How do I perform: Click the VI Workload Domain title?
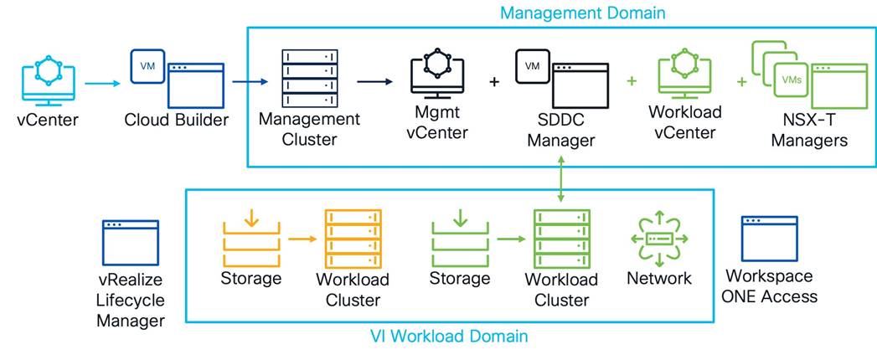click(x=449, y=337)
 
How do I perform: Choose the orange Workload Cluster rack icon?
click(x=353, y=237)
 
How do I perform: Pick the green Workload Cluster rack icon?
click(x=561, y=237)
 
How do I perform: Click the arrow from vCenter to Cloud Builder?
click(x=102, y=82)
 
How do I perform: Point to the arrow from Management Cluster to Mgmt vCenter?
click(x=369, y=82)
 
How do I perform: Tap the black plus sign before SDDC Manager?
click(x=494, y=82)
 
